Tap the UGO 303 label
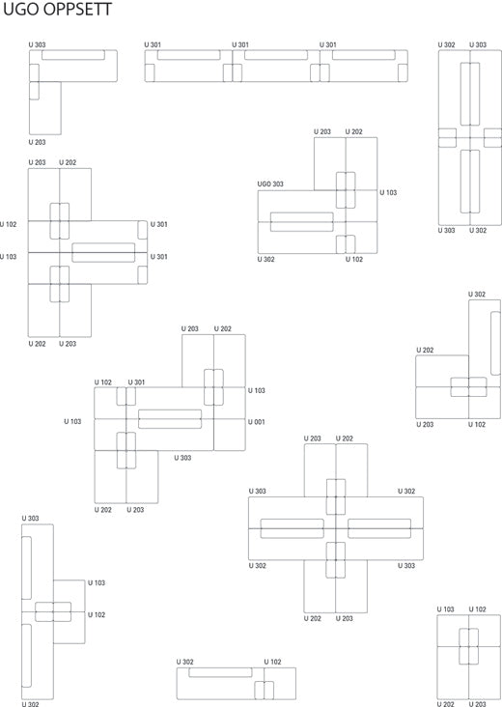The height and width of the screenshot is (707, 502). [x=270, y=184]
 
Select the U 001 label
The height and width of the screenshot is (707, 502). [x=257, y=422]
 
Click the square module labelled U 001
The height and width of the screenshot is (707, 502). [x=230, y=435]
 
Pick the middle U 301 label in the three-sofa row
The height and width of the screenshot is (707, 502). [x=240, y=44]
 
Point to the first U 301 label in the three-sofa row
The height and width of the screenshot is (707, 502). [x=153, y=44]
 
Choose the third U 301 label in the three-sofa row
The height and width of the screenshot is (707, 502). [x=328, y=44]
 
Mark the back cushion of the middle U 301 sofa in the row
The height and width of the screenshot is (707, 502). [x=276, y=55]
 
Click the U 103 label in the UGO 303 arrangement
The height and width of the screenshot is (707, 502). [x=388, y=192]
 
